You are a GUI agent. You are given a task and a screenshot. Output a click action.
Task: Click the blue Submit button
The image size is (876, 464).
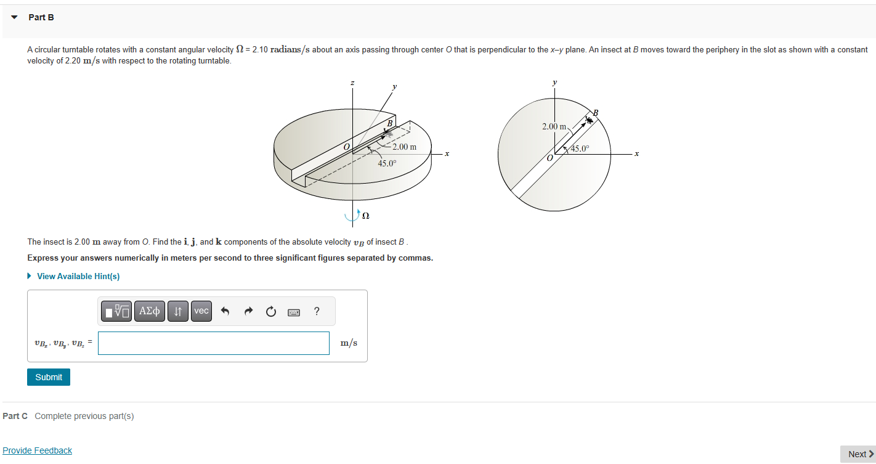click(49, 377)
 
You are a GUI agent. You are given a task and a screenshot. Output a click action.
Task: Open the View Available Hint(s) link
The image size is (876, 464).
click(78, 276)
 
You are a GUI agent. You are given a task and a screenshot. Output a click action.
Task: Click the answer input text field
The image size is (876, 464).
click(213, 343)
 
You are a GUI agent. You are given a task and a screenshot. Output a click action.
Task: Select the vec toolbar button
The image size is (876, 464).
click(201, 311)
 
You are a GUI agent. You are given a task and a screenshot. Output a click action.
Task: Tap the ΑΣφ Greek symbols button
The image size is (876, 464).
click(149, 311)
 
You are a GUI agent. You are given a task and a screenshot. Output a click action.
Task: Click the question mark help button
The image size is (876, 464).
click(317, 311)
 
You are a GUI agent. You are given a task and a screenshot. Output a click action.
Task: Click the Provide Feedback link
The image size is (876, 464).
click(37, 450)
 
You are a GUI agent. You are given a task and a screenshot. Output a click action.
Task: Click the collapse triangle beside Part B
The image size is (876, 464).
click(14, 17)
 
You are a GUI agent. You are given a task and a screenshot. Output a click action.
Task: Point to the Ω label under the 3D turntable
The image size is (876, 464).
click(365, 216)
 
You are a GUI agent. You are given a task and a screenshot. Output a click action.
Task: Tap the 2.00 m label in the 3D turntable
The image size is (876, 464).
click(404, 147)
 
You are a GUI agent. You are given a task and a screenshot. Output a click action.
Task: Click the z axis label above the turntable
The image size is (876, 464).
click(352, 82)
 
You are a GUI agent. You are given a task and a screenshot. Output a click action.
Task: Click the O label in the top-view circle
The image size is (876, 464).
click(550, 159)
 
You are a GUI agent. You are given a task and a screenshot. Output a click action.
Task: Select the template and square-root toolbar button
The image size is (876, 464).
click(115, 311)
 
